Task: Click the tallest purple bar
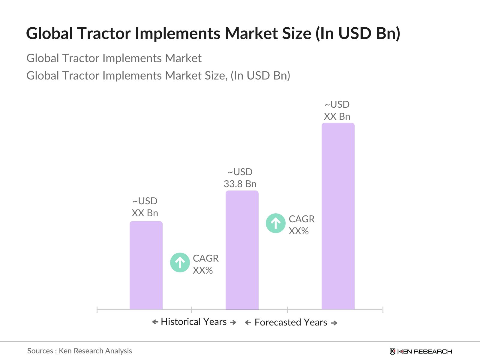(338, 216)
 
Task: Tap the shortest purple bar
(146, 265)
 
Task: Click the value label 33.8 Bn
(240, 184)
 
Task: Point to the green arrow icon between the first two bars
(180, 263)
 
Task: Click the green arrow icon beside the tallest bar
(275, 223)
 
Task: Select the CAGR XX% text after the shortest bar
(205, 264)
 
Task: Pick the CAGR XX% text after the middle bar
(301, 225)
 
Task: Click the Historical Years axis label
(194, 322)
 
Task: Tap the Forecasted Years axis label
(291, 322)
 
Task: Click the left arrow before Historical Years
(155, 322)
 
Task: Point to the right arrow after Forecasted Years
(334, 323)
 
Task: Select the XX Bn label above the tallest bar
(337, 116)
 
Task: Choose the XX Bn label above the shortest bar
(145, 213)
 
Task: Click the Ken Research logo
(421, 351)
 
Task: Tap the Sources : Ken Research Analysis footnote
(79, 351)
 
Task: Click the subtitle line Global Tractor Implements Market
(114, 58)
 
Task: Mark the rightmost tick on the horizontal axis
(382, 310)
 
